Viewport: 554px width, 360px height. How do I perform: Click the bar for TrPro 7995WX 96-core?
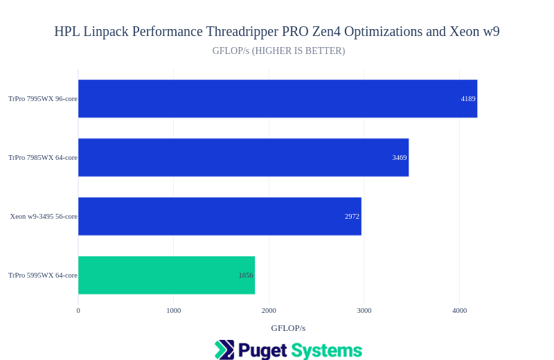277,98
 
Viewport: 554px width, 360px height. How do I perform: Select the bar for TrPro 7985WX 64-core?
242,157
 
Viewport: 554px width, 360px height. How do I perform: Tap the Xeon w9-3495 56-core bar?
219,216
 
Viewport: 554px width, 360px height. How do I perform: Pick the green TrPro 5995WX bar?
166,275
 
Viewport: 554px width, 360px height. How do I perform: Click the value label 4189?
468,99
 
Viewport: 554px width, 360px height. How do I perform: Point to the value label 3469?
400,158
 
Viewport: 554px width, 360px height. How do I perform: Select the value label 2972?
352,217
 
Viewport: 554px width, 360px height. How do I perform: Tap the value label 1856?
246,276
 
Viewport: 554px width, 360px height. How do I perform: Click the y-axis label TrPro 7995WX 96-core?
43,99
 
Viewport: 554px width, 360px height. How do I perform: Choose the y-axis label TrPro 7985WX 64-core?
43,158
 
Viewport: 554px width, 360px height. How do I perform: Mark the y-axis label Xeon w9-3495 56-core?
44,217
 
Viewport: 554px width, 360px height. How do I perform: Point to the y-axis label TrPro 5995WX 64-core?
43,276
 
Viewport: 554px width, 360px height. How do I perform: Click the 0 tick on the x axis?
78,311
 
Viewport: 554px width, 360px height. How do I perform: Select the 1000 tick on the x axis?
173,311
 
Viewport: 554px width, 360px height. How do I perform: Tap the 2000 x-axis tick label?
269,311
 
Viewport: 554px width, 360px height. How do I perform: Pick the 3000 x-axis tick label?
364,311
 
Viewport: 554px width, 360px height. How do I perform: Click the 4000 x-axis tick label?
460,311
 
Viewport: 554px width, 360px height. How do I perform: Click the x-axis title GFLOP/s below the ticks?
288,328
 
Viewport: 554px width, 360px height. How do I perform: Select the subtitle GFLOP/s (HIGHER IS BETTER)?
278,51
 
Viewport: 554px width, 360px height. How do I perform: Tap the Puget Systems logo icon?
224,350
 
